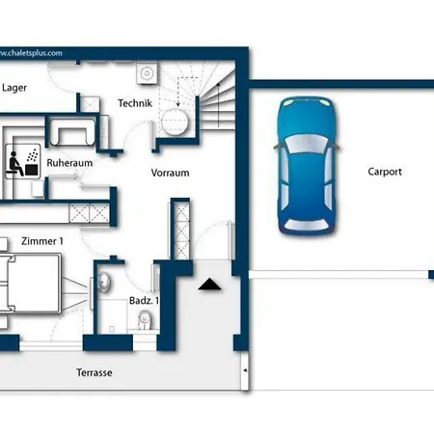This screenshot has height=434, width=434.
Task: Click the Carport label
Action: [x=385, y=172]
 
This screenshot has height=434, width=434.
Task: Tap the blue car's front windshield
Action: [x=307, y=144]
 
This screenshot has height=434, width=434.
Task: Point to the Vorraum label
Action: [x=170, y=173]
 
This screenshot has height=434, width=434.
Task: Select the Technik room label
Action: [x=135, y=103]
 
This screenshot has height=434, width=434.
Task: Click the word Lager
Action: [x=14, y=88]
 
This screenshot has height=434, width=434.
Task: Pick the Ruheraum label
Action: [x=69, y=163]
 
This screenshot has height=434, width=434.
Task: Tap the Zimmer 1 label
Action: [x=42, y=241]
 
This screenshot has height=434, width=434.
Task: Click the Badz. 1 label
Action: [x=144, y=301]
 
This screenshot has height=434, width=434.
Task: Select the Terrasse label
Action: [x=95, y=372]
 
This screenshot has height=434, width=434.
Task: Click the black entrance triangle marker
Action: [x=209, y=285]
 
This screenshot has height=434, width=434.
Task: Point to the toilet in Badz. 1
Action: [x=145, y=320]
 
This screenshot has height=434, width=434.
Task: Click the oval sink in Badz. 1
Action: [x=104, y=282]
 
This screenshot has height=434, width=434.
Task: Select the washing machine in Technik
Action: [x=147, y=73]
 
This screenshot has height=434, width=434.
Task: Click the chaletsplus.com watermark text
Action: [x=31, y=53]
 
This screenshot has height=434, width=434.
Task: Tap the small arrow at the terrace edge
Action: [x=245, y=370]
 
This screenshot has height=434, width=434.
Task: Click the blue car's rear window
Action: [x=307, y=225]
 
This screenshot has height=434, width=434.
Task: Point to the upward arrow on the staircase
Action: [x=219, y=104]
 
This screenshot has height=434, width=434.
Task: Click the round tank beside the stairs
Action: [x=175, y=122]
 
